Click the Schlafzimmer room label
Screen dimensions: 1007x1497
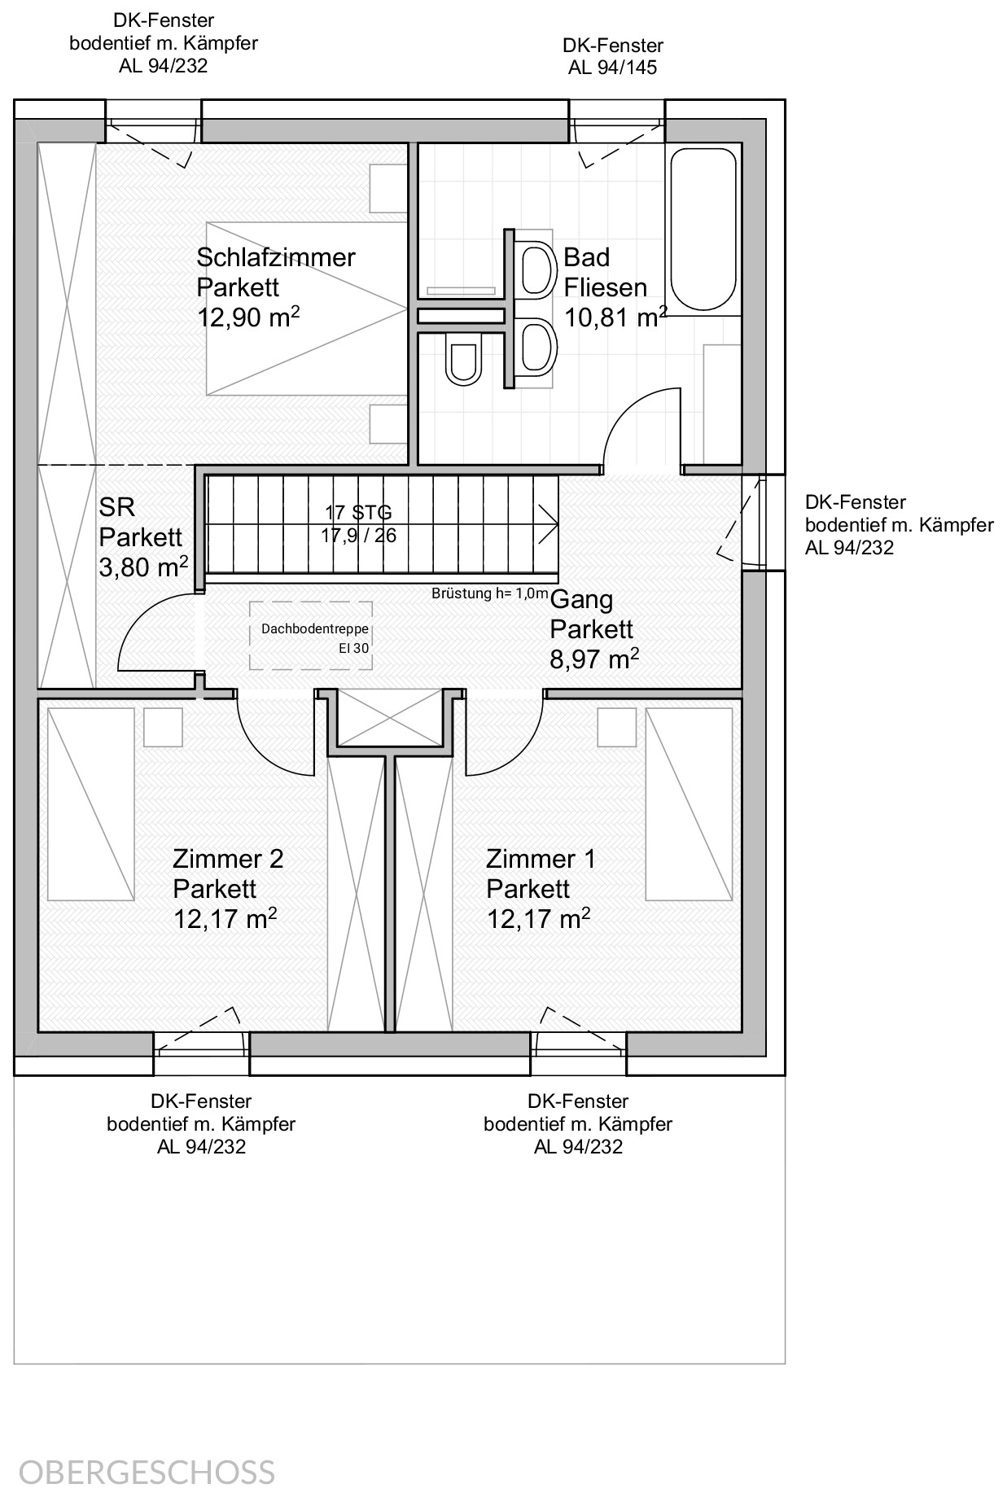pyautogui.click(x=276, y=257)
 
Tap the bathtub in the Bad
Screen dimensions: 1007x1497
pyautogui.click(x=703, y=230)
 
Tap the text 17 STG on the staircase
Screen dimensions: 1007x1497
pyautogui.click(x=358, y=513)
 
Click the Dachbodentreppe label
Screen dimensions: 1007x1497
pyautogui.click(x=315, y=629)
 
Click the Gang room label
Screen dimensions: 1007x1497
pyautogui.click(x=582, y=600)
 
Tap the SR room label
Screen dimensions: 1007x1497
pyautogui.click(x=117, y=507)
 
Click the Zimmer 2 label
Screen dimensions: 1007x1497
pyautogui.click(x=228, y=859)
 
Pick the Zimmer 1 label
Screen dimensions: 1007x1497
pyautogui.click(x=541, y=859)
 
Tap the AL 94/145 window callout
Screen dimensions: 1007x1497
pyautogui.click(x=612, y=68)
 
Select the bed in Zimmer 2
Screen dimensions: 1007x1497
pyautogui.click(x=90, y=804)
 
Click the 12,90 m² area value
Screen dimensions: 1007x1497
pyautogui.click(x=248, y=316)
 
